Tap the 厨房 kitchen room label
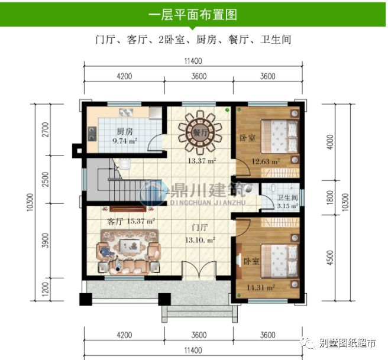coord(124,131)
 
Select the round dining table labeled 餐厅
coord(201,133)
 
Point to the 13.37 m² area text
coord(202,160)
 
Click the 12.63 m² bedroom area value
coord(266,160)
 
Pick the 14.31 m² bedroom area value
coord(262,288)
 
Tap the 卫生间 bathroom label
coord(287,198)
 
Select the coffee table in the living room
coord(127,246)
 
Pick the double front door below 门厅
coord(201,269)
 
